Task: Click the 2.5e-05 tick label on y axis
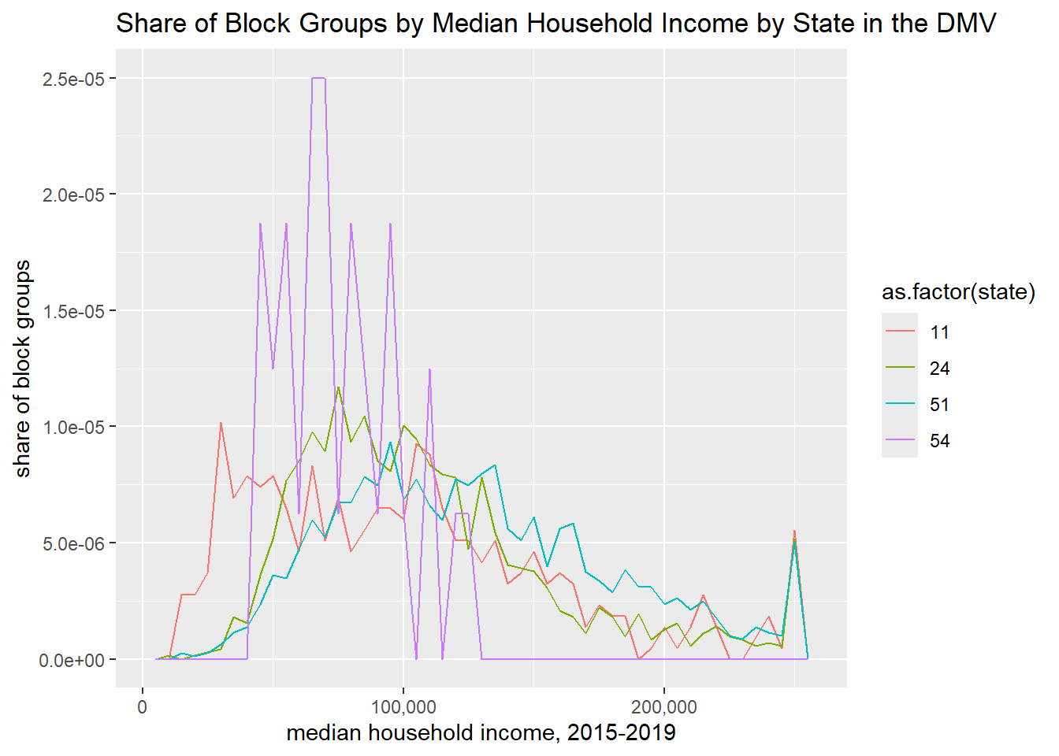[73, 79]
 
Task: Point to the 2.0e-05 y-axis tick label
[73, 195]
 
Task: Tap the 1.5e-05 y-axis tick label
[73, 311]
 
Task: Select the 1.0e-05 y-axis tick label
[73, 427]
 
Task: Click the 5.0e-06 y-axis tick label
[73, 543]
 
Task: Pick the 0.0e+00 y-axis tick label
[73, 660]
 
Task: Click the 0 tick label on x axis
[142, 706]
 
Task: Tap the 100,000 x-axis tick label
[403, 706]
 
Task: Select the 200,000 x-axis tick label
[663, 706]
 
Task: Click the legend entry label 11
[939, 332]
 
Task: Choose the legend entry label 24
[939, 369]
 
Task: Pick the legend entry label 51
[939, 405]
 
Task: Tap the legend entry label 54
[939, 441]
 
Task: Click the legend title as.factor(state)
[958, 292]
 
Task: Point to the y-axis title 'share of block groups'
[23, 369]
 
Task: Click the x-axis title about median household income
[481, 733]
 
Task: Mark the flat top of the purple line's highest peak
[318, 79]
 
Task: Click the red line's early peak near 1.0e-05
[221, 424]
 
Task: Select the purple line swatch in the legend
[900, 441]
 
